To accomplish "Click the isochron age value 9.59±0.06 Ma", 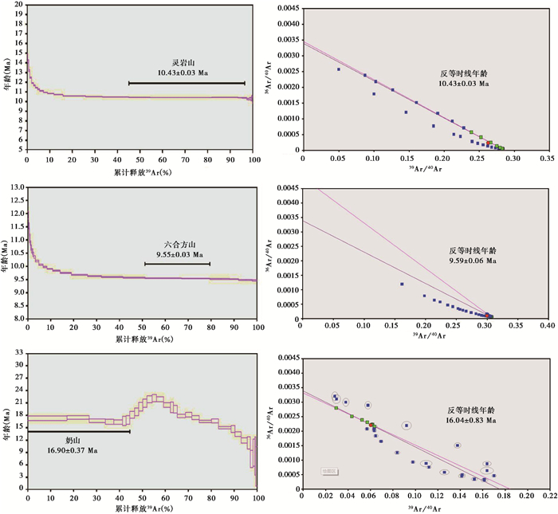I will point(472,260).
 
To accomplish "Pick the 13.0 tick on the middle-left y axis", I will point(15,188).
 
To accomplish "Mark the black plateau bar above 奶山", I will point(79,431).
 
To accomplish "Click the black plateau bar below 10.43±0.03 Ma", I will point(187,83).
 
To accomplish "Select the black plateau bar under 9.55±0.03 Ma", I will point(177,264).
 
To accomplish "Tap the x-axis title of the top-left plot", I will point(141,172).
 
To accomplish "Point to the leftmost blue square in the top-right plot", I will point(339,69).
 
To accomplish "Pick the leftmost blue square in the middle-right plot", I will point(402,284).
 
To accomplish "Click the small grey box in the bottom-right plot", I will point(328,472).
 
